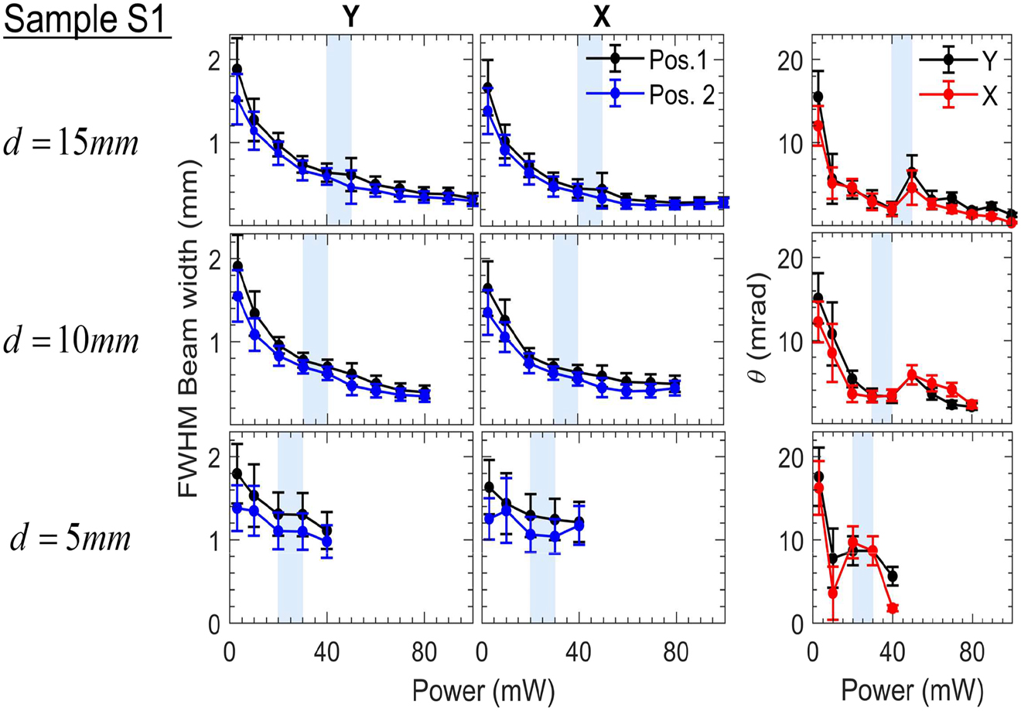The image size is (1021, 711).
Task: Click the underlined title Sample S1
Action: [x=86, y=21]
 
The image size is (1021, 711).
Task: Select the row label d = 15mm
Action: [x=74, y=144]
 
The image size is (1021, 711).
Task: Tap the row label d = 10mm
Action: [x=74, y=341]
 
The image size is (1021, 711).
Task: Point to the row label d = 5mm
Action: [x=71, y=538]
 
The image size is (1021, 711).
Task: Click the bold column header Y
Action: [x=350, y=17]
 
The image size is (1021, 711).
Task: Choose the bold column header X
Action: [x=601, y=17]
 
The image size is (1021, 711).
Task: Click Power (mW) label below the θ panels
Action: [x=912, y=687]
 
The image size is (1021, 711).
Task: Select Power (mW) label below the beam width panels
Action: [x=483, y=687]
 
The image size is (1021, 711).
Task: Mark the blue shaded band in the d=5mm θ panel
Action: [x=862, y=526]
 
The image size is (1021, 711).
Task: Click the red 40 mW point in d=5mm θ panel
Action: [x=893, y=609]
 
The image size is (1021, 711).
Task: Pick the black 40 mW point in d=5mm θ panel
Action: [x=893, y=576]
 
